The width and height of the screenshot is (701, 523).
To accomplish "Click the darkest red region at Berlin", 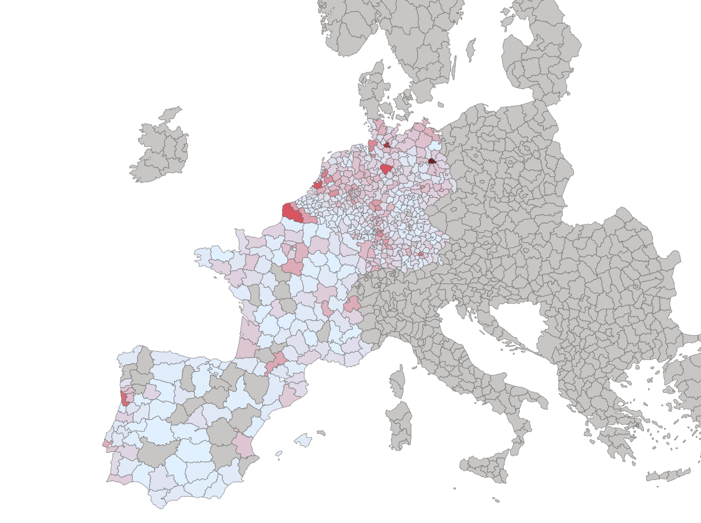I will coord(432,161).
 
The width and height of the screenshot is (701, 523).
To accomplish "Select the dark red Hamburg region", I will coord(387,145).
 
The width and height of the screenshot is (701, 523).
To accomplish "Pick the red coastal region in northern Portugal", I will coord(125,398).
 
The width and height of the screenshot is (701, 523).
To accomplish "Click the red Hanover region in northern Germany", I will coord(386,169).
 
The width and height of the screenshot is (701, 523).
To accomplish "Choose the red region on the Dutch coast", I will coord(318,185).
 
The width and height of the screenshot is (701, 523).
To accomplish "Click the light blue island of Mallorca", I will coord(303,440).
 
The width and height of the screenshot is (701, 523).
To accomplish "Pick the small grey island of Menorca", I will coord(321,433).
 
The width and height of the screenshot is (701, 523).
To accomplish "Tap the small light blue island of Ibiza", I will coord(279,454).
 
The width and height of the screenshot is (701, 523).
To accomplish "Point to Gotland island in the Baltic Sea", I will coord(470,50).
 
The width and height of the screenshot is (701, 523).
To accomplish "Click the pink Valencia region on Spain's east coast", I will coord(243,444).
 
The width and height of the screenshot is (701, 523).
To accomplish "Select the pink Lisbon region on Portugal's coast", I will coord(106,443).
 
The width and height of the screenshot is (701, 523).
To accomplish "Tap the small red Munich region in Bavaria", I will coord(421,254).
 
